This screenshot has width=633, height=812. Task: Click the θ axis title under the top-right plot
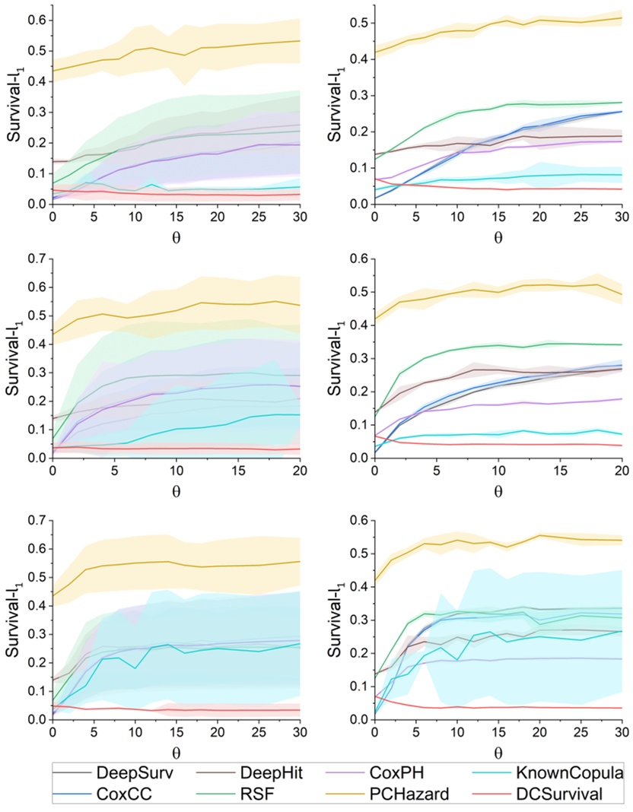(x=498, y=236)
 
